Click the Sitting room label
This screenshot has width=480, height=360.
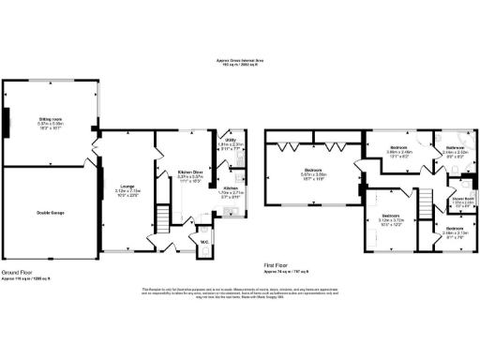(51, 119)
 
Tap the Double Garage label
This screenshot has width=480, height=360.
(51, 213)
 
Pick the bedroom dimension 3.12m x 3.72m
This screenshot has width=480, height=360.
(391, 222)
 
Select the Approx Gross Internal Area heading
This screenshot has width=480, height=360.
(240, 61)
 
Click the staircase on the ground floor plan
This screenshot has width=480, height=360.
(163, 222)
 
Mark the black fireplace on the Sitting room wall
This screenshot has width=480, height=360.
(7, 122)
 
